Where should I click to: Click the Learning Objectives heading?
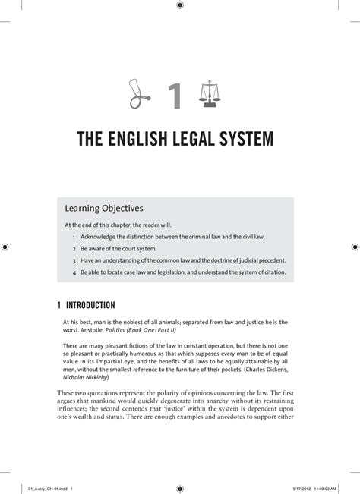point(104,207)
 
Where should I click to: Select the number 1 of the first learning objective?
point(74,237)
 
